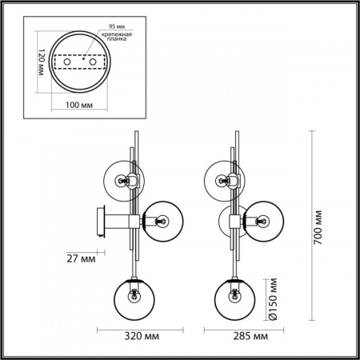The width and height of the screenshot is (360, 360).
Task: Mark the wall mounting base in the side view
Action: click(100, 222)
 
